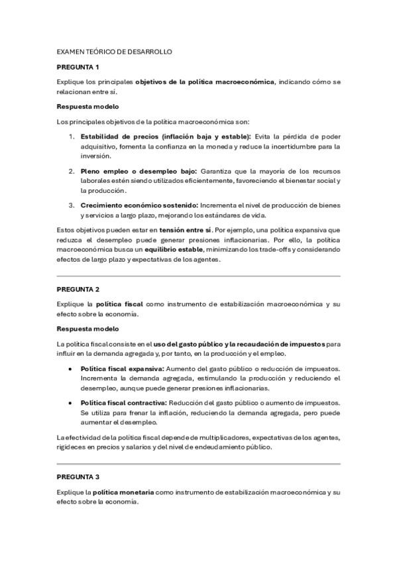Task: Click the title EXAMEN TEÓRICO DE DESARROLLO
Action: point(115,51)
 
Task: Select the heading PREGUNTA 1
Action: point(78,67)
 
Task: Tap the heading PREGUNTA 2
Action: point(78,290)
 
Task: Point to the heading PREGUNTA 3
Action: point(78,477)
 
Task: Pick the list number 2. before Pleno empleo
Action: point(72,171)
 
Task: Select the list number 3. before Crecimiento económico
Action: point(72,205)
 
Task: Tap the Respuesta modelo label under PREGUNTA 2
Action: point(88,329)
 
